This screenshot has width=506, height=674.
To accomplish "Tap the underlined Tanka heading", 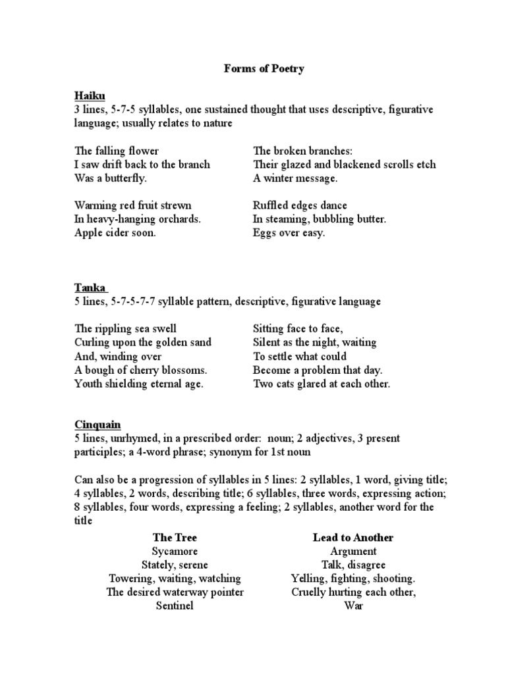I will click(90, 288).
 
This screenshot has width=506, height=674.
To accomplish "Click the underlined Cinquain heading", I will click(97, 425).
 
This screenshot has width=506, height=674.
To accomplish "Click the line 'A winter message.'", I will click(295, 178).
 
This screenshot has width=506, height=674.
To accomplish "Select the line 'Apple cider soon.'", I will click(115, 233).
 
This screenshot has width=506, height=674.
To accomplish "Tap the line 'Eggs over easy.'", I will click(289, 233).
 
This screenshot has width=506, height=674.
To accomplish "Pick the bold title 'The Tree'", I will click(175, 537).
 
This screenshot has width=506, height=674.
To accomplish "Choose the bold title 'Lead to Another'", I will click(353, 537).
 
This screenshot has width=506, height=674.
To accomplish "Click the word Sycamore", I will click(175, 551).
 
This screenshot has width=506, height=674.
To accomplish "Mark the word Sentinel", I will click(175, 606).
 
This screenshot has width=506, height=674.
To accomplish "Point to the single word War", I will click(353, 606).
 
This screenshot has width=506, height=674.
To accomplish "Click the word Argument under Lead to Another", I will click(353, 551).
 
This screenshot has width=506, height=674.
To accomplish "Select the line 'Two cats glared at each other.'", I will click(322, 384).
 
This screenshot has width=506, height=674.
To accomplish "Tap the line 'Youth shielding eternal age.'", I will click(139, 384).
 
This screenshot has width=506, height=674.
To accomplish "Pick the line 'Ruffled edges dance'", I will click(300, 205).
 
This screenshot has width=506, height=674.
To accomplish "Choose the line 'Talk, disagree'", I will click(353, 565).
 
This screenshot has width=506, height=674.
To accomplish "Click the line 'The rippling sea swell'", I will click(125, 328).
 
